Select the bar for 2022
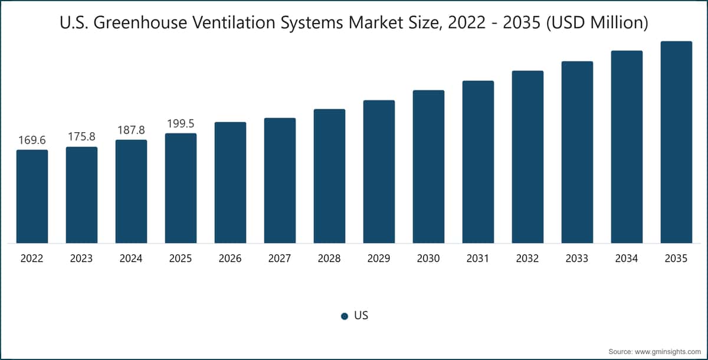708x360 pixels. click(x=32, y=197)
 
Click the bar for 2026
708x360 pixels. click(x=231, y=182)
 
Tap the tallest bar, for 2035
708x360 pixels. click(x=676, y=142)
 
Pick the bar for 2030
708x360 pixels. click(x=428, y=166)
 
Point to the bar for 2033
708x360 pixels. click(x=577, y=152)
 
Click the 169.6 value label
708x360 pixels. click(x=32, y=140)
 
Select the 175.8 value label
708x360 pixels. click(x=81, y=136)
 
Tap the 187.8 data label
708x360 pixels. click(x=131, y=130)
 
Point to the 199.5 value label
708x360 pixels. click(x=181, y=123)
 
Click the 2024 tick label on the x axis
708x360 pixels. click(x=131, y=258)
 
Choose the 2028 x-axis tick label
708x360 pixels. click(x=329, y=258)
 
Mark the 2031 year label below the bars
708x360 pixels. click(x=477, y=258)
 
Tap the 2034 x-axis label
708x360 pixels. click(x=627, y=258)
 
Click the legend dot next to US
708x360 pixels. click(x=345, y=316)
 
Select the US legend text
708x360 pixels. click(x=361, y=315)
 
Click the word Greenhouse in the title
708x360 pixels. click(x=140, y=22)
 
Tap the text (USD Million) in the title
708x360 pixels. click(x=597, y=23)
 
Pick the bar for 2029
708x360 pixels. click(x=379, y=172)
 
